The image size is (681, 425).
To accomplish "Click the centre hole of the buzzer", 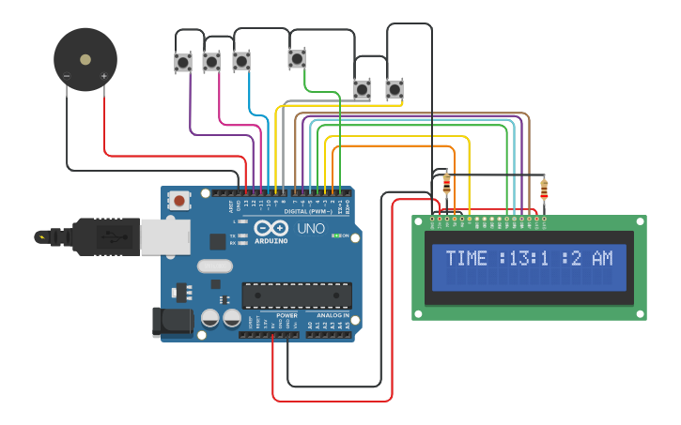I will tap(85, 59).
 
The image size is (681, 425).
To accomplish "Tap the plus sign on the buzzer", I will tap(103, 76).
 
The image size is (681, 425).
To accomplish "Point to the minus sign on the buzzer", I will tap(67, 76).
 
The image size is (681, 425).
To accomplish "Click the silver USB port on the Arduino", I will tap(165, 236).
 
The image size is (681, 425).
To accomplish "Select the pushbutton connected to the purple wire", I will tap(183, 63).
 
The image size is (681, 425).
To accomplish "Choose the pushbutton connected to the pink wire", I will tap(211, 62).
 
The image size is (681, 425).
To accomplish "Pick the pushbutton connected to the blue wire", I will tap(241, 60).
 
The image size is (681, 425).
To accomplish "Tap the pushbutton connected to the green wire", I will tap(297, 59).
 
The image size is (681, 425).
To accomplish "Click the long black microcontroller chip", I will tap(297, 295).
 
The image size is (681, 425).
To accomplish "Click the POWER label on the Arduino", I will tap(286, 315).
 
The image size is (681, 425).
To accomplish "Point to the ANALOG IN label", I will tap(333, 315).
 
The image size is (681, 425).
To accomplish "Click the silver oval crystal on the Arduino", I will tap(214, 266).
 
